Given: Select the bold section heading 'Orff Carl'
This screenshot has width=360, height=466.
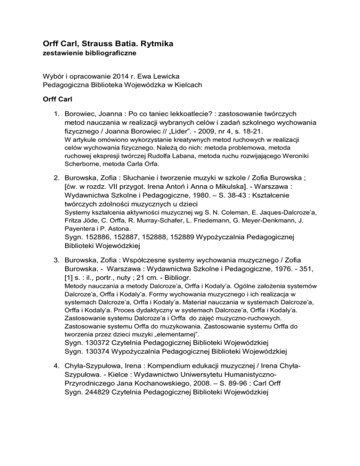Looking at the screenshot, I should (54, 101).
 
